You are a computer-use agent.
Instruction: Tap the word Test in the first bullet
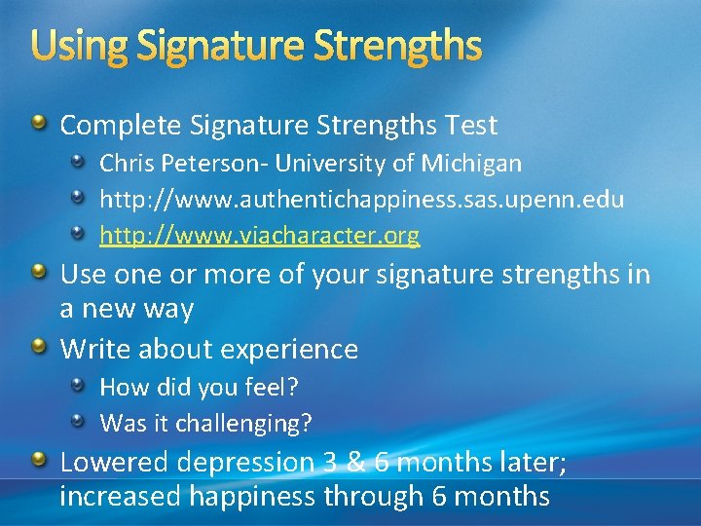(x=472, y=125)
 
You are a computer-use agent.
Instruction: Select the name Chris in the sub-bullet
(x=125, y=163)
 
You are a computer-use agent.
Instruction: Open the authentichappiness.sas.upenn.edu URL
(x=362, y=200)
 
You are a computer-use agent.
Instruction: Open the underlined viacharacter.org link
(x=260, y=236)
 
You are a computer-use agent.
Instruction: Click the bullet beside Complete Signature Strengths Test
(x=39, y=124)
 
